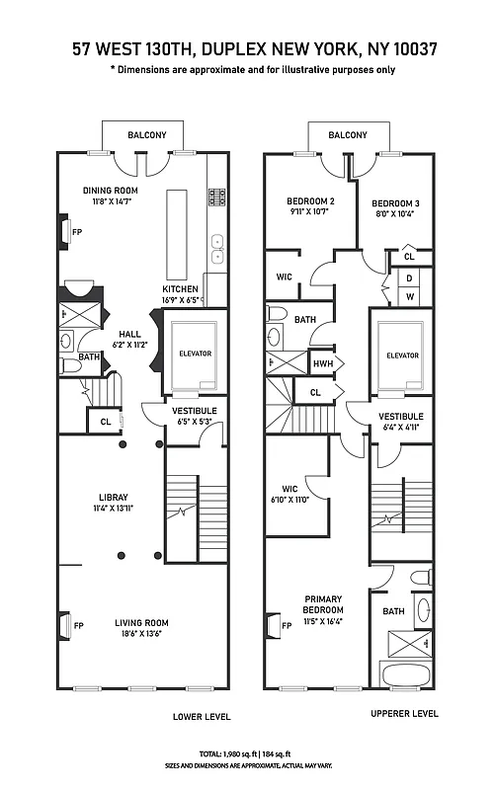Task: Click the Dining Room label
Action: coord(110,191)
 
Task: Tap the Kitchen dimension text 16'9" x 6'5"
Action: coord(182,300)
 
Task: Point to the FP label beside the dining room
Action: coord(76,232)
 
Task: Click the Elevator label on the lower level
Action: coord(195,354)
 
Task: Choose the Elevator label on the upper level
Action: coord(402,355)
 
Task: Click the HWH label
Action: coord(320,363)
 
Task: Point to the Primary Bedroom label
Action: coord(323,604)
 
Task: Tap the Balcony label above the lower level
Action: coord(146,135)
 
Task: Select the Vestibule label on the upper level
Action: coord(400,417)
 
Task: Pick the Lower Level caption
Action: coord(195,716)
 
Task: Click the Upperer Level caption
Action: coord(404,713)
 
